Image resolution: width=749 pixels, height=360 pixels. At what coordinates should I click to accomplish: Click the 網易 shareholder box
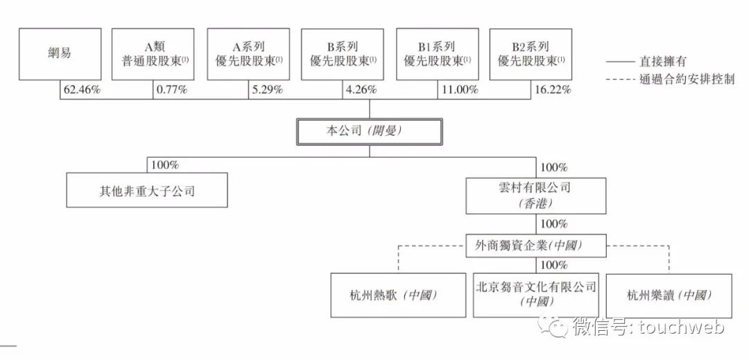(60, 54)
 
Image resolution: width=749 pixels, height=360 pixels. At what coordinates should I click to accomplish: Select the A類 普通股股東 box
(153, 54)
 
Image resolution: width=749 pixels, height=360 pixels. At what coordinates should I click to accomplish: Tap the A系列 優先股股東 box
(248, 54)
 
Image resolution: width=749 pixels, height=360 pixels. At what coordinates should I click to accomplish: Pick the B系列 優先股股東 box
(342, 54)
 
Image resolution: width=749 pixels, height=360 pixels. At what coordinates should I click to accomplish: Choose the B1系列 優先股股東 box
(438, 54)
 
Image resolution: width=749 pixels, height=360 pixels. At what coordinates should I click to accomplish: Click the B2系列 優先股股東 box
(531, 54)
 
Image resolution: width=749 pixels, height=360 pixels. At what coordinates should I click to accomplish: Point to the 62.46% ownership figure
(82, 89)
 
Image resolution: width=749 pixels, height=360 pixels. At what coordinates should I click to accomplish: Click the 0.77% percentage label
(171, 89)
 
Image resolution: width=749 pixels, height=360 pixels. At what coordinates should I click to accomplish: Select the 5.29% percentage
(267, 89)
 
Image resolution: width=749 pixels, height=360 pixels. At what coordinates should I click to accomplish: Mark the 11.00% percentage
(459, 89)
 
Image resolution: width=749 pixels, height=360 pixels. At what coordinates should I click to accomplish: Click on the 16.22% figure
(552, 89)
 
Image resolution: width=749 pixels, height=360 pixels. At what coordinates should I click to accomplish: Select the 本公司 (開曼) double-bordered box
(369, 132)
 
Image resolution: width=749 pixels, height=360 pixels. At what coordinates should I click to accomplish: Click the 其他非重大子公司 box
(147, 190)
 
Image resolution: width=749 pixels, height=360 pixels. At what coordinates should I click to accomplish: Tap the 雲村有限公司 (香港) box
(536, 196)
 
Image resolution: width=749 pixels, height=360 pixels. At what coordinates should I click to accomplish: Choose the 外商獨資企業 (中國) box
(536, 246)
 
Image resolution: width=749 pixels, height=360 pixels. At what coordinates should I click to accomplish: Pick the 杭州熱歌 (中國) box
(398, 295)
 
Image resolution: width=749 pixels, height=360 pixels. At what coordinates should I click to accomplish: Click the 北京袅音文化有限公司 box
(536, 295)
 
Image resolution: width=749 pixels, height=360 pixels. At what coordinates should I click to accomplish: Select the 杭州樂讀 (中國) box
(669, 295)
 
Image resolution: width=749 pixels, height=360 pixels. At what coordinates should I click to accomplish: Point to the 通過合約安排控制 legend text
(687, 79)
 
